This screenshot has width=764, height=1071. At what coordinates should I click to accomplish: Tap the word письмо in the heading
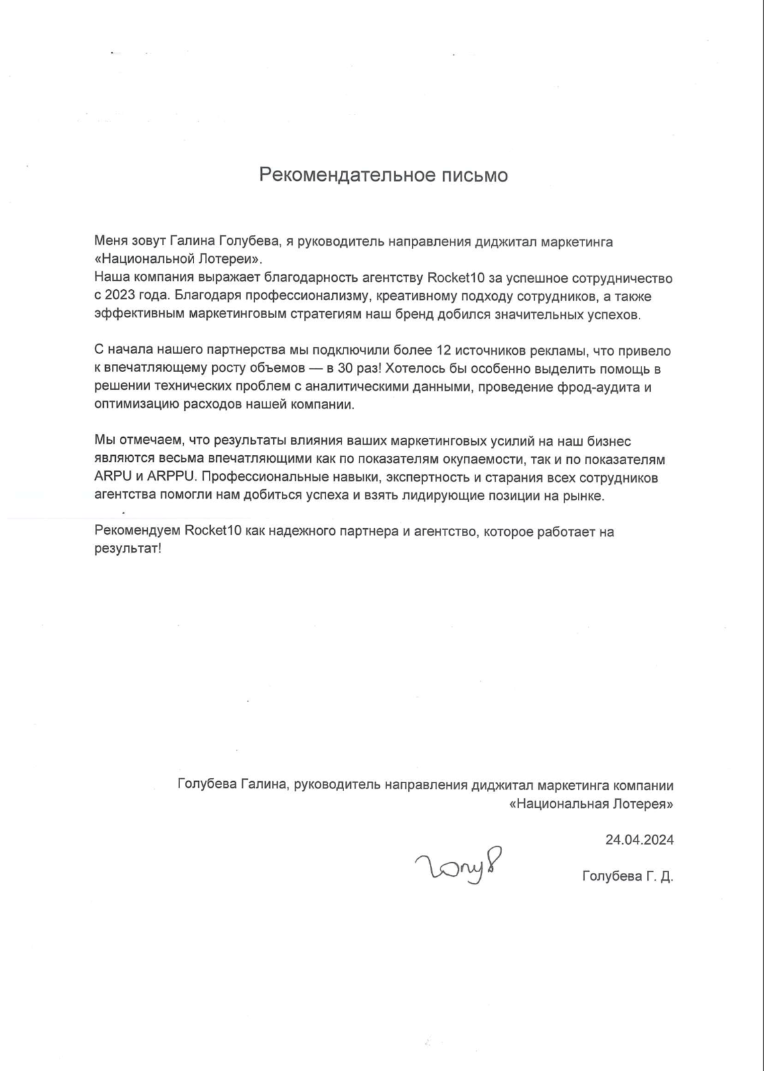tap(475, 175)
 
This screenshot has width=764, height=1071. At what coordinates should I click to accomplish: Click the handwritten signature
tap(459, 867)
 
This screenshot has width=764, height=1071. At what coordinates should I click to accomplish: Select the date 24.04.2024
tap(639, 839)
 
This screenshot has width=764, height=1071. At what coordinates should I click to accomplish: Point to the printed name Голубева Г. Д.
tap(627, 876)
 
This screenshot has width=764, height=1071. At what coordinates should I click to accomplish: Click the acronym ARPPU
tap(167, 478)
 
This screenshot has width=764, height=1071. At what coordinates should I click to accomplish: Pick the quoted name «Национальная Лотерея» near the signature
tap(591, 803)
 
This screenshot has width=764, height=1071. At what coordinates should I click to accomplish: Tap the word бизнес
tap(607, 441)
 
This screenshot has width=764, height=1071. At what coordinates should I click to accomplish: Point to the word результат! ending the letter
tap(128, 550)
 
